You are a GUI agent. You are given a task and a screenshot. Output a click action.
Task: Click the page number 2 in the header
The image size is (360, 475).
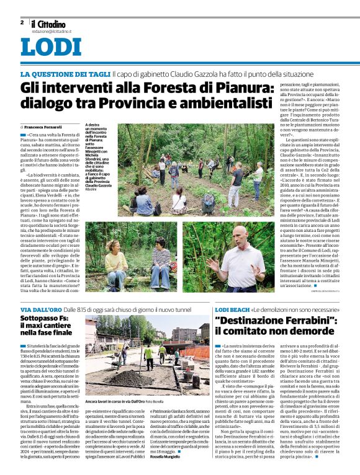click(22, 22)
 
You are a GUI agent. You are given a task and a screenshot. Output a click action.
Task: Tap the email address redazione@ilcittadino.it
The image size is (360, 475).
click(52, 29)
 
